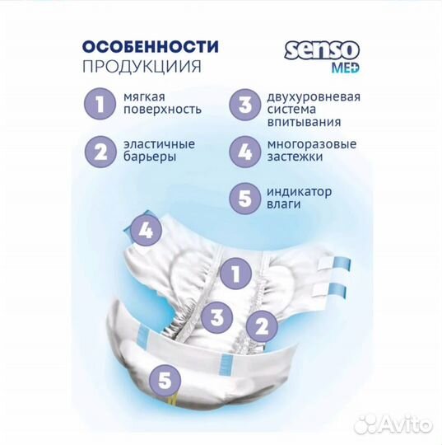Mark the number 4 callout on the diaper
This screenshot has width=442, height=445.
146,231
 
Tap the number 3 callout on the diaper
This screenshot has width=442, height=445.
216,316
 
